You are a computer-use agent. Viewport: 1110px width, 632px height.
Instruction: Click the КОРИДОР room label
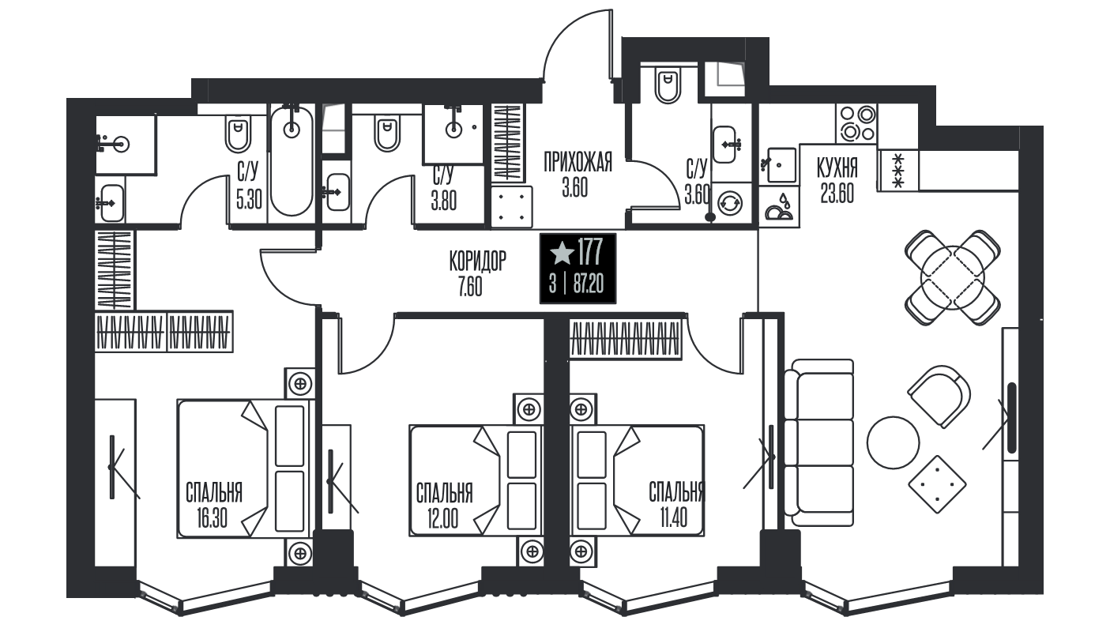tap(478, 261)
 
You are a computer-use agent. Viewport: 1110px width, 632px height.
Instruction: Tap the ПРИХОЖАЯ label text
tap(578, 162)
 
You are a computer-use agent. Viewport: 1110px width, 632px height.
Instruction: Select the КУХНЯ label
tap(837, 167)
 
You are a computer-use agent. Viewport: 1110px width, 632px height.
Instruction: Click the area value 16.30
tap(212, 518)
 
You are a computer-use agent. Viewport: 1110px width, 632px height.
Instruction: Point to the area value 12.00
tap(443, 519)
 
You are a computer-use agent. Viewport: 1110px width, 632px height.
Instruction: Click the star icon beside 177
tap(562, 253)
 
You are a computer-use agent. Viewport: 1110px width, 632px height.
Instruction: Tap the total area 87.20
tap(589, 285)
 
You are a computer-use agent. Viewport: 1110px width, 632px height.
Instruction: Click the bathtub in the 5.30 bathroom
tap(292, 162)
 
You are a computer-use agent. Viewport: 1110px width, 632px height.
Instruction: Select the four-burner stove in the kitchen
tap(856, 123)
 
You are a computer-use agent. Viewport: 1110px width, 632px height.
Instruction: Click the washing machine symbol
tap(729, 203)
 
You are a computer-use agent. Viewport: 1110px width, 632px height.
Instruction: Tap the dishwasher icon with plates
tap(779, 207)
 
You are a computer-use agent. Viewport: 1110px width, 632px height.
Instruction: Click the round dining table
tap(952, 277)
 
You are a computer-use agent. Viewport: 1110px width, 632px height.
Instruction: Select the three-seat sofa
tap(819, 442)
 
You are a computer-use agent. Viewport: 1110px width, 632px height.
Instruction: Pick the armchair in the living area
tap(939, 396)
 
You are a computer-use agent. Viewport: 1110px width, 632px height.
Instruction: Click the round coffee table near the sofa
tap(893, 442)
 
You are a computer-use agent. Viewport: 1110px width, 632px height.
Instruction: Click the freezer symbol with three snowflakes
tap(898, 171)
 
